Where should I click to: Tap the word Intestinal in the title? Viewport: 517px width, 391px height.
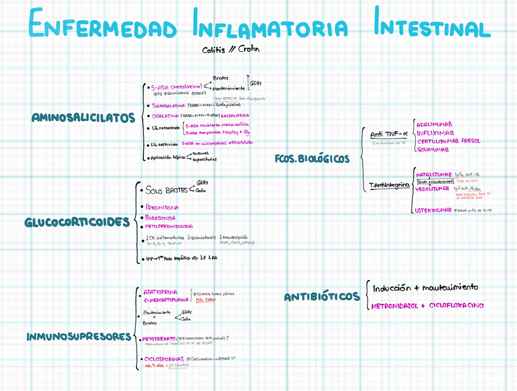coord(432,27)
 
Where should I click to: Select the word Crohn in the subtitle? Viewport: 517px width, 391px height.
coord(249,49)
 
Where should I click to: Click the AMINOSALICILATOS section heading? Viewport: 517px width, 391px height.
coord(84,118)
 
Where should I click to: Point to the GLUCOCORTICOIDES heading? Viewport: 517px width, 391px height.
coord(77,222)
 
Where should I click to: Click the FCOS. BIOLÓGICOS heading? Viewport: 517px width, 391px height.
coord(312,159)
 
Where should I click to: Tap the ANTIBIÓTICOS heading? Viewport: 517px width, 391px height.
coord(322,297)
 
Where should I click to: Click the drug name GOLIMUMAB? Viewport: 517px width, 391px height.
coord(433,150)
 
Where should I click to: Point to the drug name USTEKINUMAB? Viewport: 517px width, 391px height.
coord(434,210)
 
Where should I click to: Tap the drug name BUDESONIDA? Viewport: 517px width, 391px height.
coord(160,217)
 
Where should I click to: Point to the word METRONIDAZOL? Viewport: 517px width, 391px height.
coord(398,306)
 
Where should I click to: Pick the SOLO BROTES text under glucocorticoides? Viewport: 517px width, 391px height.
coord(166,190)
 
